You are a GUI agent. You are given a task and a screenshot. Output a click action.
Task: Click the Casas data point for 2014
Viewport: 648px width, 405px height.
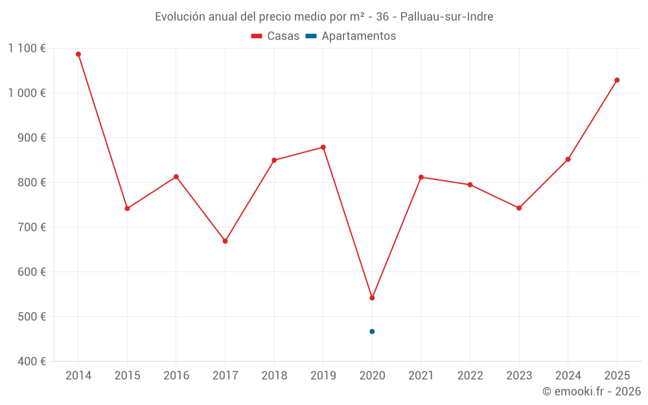pyautogui.click(x=78, y=54)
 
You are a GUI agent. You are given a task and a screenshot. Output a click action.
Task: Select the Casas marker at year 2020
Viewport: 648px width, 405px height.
pyautogui.click(x=372, y=298)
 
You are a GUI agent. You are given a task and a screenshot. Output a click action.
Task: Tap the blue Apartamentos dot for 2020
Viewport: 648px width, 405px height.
pyautogui.click(x=372, y=332)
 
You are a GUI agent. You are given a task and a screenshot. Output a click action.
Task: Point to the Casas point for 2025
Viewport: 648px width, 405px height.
pyautogui.click(x=617, y=80)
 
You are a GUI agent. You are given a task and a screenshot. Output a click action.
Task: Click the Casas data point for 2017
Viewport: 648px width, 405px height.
pyautogui.click(x=226, y=241)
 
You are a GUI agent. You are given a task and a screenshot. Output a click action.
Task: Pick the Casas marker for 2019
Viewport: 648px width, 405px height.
pyautogui.click(x=323, y=147)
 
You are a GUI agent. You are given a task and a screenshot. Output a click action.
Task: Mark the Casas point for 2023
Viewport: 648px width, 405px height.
pyautogui.click(x=519, y=208)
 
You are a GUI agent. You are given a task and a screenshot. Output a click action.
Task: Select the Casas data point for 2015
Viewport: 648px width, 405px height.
pyautogui.click(x=128, y=209)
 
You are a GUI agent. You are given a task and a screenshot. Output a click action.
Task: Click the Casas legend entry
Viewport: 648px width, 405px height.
pyautogui.click(x=275, y=36)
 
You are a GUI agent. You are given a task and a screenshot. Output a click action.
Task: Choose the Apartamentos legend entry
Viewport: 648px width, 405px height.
pyautogui.click(x=351, y=36)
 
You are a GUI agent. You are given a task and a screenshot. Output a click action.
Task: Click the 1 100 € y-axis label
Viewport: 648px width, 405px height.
pyautogui.click(x=27, y=48)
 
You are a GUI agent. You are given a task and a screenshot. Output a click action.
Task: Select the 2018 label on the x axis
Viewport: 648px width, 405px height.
pyautogui.click(x=274, y=376)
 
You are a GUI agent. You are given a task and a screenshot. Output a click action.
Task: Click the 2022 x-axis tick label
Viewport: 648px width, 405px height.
pyautogui.click(x=470, y=376)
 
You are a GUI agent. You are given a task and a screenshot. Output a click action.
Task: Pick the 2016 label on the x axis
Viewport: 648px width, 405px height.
pyautogui.click(x=176, y=376)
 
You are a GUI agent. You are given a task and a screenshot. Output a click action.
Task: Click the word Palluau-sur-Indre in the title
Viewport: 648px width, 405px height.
pyautogui.click(x=446, y=17)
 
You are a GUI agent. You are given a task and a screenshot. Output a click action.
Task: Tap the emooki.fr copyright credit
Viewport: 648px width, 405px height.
pyautogui.click(x=592, y=391)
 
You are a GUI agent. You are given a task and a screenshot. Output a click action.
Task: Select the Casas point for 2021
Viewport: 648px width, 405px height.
pyautogui.click(x=421, y=177)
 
